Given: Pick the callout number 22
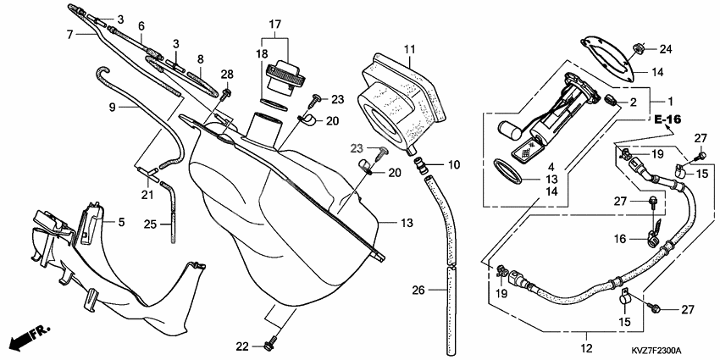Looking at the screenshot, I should [x=243, y=346].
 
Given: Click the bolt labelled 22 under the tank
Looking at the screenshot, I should [x=270, y=345].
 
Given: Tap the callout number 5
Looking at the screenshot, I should [x=121, y=223].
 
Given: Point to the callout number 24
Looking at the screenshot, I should [x=665, y=47].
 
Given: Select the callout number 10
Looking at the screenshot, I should [x=453, y=163].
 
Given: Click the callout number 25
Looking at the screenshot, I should [x=149, y=224].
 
